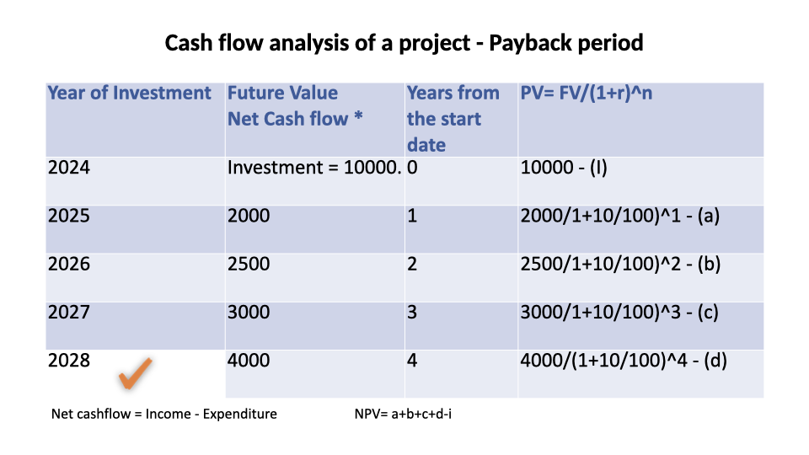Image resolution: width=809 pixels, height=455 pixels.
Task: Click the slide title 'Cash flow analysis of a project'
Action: tap(318, 43)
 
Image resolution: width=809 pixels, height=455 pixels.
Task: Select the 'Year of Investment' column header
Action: tap(129, 93)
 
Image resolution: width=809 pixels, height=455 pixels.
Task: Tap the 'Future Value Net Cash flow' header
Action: tap(295, 106)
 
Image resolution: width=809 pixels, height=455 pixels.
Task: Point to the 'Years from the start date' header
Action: tap(453, 119)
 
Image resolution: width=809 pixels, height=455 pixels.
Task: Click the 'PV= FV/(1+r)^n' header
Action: tap(587, 94)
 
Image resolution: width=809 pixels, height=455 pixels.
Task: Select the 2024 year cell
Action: tap(68, 168)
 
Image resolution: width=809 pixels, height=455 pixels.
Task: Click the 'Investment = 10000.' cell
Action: tap(314, 168)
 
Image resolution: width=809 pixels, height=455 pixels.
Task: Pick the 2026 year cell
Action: tap(68, 264)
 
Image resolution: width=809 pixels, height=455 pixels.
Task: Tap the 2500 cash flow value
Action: tap(249, 264)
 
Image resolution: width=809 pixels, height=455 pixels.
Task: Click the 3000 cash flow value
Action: tap(249, 312)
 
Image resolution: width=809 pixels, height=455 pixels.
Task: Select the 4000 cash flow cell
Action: tap(249, 360)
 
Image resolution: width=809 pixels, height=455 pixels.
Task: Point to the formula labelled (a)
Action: tap(619, 216)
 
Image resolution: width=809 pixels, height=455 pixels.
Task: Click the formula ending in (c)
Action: tap(619, 312)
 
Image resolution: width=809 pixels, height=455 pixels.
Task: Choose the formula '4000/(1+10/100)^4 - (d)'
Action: tap(624, 360)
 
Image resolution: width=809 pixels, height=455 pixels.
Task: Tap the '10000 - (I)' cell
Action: tap(564, 168)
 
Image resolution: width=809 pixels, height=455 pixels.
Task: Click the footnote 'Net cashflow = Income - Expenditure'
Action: tap(164, 414)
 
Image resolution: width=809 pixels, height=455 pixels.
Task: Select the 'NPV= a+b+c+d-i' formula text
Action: tap(403, 414)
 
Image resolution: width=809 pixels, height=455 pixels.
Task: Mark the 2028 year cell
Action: tap(68, 360)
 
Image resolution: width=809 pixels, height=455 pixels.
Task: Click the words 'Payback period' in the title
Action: tap(566, 43)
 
